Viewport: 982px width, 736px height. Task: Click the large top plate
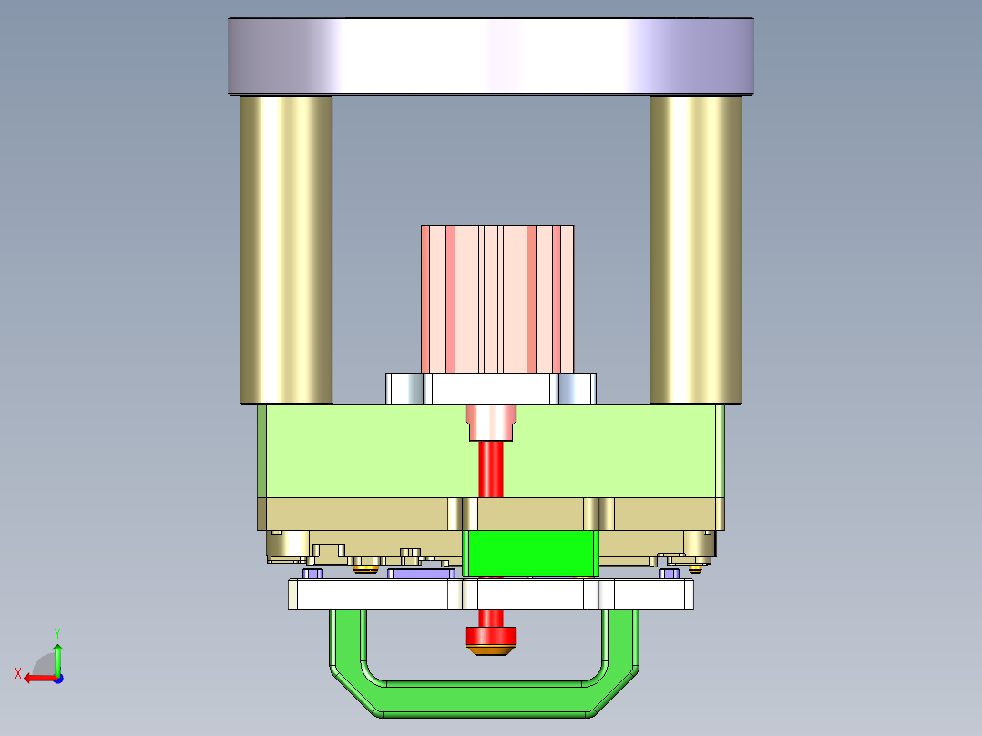click(x=490, y=56)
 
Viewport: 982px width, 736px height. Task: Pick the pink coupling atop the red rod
click(x=491, y=423)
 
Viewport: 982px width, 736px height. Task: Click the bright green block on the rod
click(x=531, y=553)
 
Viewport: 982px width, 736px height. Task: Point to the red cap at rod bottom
click(x=491, y=636)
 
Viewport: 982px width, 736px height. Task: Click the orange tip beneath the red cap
click(x=491, y=651)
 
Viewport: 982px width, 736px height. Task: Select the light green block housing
click(x=364, y=451)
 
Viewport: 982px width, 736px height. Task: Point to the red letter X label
click(x=17, y=673)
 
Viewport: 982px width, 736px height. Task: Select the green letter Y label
click(x=56, y=632)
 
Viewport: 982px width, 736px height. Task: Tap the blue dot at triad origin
click(x=57, y=678)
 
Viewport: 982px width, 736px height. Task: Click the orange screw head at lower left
click(x=366, y=570)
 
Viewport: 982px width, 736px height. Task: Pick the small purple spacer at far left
click(x=313, y=574)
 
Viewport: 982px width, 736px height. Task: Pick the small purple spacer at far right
click(x=669, y=574)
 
